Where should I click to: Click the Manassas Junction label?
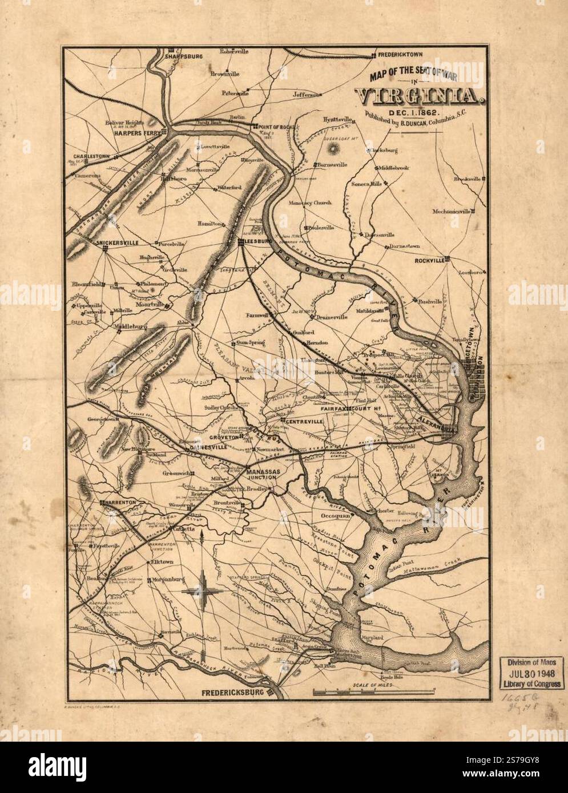(263, 475)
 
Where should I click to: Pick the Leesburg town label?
(256, 242)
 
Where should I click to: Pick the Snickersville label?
(118, 242)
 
